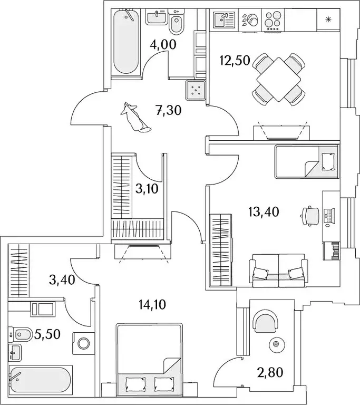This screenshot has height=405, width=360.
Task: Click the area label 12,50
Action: coord(235,61)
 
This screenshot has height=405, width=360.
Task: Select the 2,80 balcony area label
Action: coord(270,372)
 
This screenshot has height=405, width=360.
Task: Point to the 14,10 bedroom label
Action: coord(152,305)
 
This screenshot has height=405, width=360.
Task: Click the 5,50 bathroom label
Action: coord(47,334)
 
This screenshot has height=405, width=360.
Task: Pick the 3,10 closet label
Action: coord(147,189)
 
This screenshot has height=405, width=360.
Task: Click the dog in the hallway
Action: coord(134,118)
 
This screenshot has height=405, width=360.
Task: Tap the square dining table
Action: coord(279,79)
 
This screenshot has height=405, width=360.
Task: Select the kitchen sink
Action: coord(224,20)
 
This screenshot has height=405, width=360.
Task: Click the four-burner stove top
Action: coord(273,19)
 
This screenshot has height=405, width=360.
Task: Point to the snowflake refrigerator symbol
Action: coord(328,19)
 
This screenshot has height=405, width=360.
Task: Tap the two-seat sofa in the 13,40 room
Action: coord(278,270)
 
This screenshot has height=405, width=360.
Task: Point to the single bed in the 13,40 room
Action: coord(307,162)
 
